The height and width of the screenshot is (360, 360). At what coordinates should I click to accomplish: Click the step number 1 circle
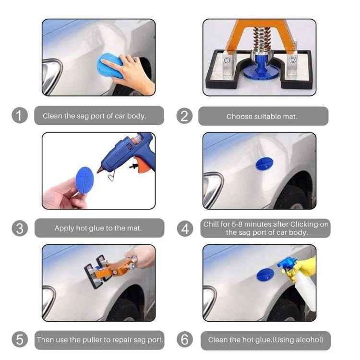[x=19, y=116]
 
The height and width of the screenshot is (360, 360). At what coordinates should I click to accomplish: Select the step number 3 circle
[x=19, y=228]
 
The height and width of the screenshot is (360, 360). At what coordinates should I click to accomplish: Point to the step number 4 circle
[x=184, y=228]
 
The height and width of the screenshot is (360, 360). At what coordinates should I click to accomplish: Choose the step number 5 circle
[x=19, y=340]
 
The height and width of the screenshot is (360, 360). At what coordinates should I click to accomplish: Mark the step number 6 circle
[x=184, y=340]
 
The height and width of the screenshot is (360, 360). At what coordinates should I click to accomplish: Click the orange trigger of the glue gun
[x=141, y=165]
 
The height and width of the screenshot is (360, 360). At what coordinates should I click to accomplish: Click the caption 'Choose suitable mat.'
[x=262, y=116]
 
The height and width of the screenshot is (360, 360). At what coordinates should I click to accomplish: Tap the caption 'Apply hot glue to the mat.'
[x=98, y=228]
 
